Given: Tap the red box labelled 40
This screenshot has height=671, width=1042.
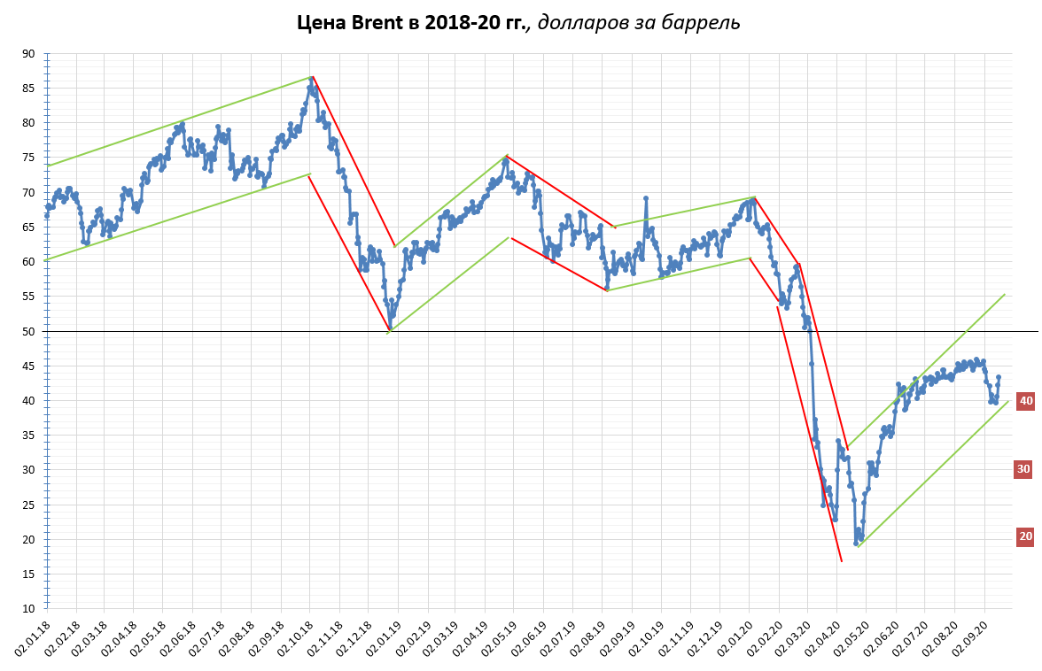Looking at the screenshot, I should pos(1025,401).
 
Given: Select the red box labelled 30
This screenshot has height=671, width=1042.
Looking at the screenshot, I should pos(1024,469).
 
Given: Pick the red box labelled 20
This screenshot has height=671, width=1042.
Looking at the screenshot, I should pos(1025,536).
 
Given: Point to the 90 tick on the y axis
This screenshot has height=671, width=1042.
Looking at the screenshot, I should pos(28,54).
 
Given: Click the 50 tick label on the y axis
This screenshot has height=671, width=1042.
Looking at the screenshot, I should pos(28,331).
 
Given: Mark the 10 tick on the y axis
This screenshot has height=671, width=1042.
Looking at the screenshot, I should pos(28,609).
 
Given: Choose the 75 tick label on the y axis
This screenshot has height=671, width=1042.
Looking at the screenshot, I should pos(28,158).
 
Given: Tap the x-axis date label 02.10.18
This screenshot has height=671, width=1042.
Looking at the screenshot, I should pos(299,638).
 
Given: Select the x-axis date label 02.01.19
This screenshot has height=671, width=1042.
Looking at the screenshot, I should pos(386,638).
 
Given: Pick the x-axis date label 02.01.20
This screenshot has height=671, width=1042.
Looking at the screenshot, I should pos(738,638).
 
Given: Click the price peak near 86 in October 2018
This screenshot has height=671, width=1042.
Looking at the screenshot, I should pos(312,78).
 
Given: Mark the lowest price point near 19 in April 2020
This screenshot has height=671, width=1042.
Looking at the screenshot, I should pos(856,543).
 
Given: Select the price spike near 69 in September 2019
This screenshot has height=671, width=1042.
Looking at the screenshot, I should pos(646,198).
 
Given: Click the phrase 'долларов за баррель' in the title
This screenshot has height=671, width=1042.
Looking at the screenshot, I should pos(639,22).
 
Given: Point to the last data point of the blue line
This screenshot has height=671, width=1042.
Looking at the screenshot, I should pos(999,377).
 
